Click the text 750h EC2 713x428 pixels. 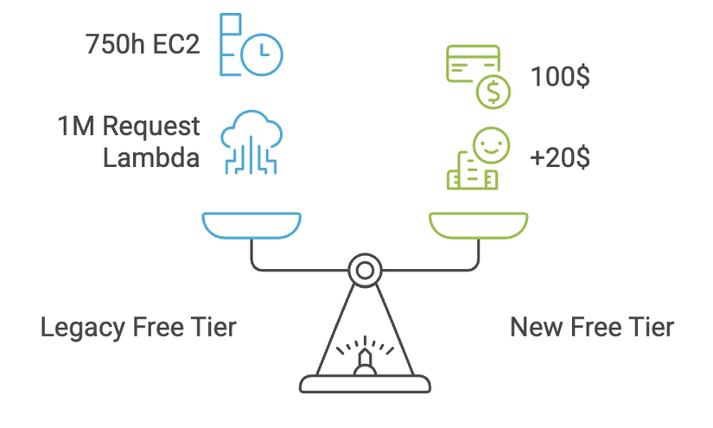coord(143,44)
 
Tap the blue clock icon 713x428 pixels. coord(261,57)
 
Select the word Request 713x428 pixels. coord(152,126)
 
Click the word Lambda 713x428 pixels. coord(151,157)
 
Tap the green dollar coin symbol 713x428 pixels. coord(492,91)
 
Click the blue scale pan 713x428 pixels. coord(251,225)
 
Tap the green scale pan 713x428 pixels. coord(478,225)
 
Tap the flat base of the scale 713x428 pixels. coord(365,384)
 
